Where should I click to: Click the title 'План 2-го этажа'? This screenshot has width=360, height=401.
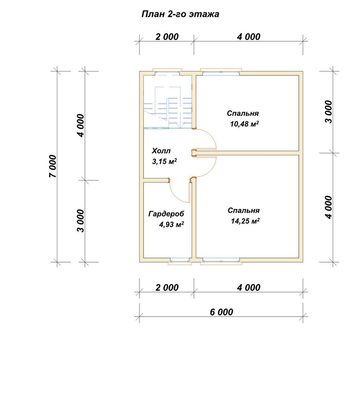[x=180, y=14]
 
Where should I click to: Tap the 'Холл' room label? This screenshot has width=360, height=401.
[x=161, y=151]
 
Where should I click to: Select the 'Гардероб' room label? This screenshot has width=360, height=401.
[x=166, y=214]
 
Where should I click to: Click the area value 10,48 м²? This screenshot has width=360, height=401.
[x=245, y=124]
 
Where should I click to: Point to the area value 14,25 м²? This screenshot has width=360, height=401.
[x=245, y=221]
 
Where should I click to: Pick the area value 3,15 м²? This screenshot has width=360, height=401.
[x=164, y=162]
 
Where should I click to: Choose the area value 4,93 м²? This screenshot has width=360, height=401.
[x=172, y=225]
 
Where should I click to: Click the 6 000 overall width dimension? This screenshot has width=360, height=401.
[x=221, y=312]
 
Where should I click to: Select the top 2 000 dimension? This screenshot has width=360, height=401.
[x=167, y=37]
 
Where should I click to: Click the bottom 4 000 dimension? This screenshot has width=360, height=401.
[x=249, y=288]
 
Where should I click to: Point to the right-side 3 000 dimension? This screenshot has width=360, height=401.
[x=329, y=112]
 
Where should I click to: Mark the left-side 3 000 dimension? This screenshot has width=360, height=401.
[x=81, y=221]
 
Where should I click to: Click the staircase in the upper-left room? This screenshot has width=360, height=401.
[x=168, y=107]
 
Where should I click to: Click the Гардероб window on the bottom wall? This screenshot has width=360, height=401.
[x=180, y=261]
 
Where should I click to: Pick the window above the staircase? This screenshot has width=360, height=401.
[x=167, y=72]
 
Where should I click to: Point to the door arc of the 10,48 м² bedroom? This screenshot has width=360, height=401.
[x=210, y=136]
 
